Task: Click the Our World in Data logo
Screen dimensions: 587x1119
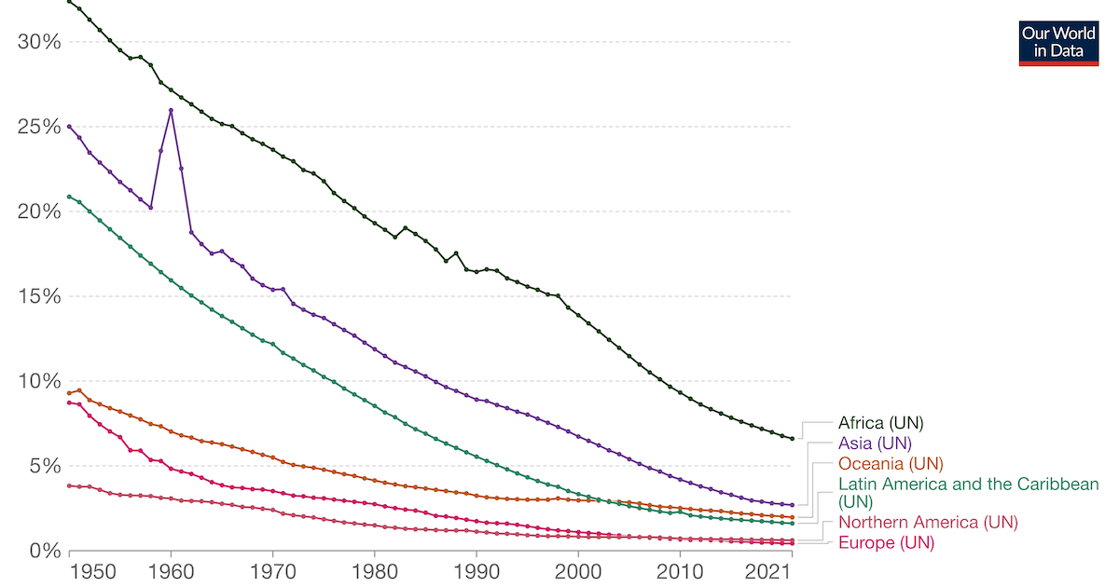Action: pyautogui.click(x=1057, y=43)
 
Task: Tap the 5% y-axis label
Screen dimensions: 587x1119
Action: pyautogui.click(x=46, y=466)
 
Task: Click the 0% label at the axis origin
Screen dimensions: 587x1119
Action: pyautogui.click(x=46, y=551)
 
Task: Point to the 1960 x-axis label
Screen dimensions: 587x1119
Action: pyautogui.click(x=171, y=569)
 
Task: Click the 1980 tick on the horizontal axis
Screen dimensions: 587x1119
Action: pyautogui.click(x=375, y=569)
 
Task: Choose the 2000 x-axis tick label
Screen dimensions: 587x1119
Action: pyautogui.click(x=578, y=569)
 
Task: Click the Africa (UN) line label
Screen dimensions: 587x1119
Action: pyautogui.click(x=881, y=423)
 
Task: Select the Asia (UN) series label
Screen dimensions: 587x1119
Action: pyautogui.click(x=875, y=444)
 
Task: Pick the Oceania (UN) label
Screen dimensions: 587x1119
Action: pyautogui.click(x=891, y=464)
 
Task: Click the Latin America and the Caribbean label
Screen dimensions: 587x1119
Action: pyautogui.click(x=968, y=493)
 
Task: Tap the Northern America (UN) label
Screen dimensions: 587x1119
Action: pyautogui.click(x=928, y=523)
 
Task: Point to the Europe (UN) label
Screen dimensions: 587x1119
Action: pyautogui.click(x=886, y=543)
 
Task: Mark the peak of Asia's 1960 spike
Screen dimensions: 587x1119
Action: pyautogui.click(x=171, y=110)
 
